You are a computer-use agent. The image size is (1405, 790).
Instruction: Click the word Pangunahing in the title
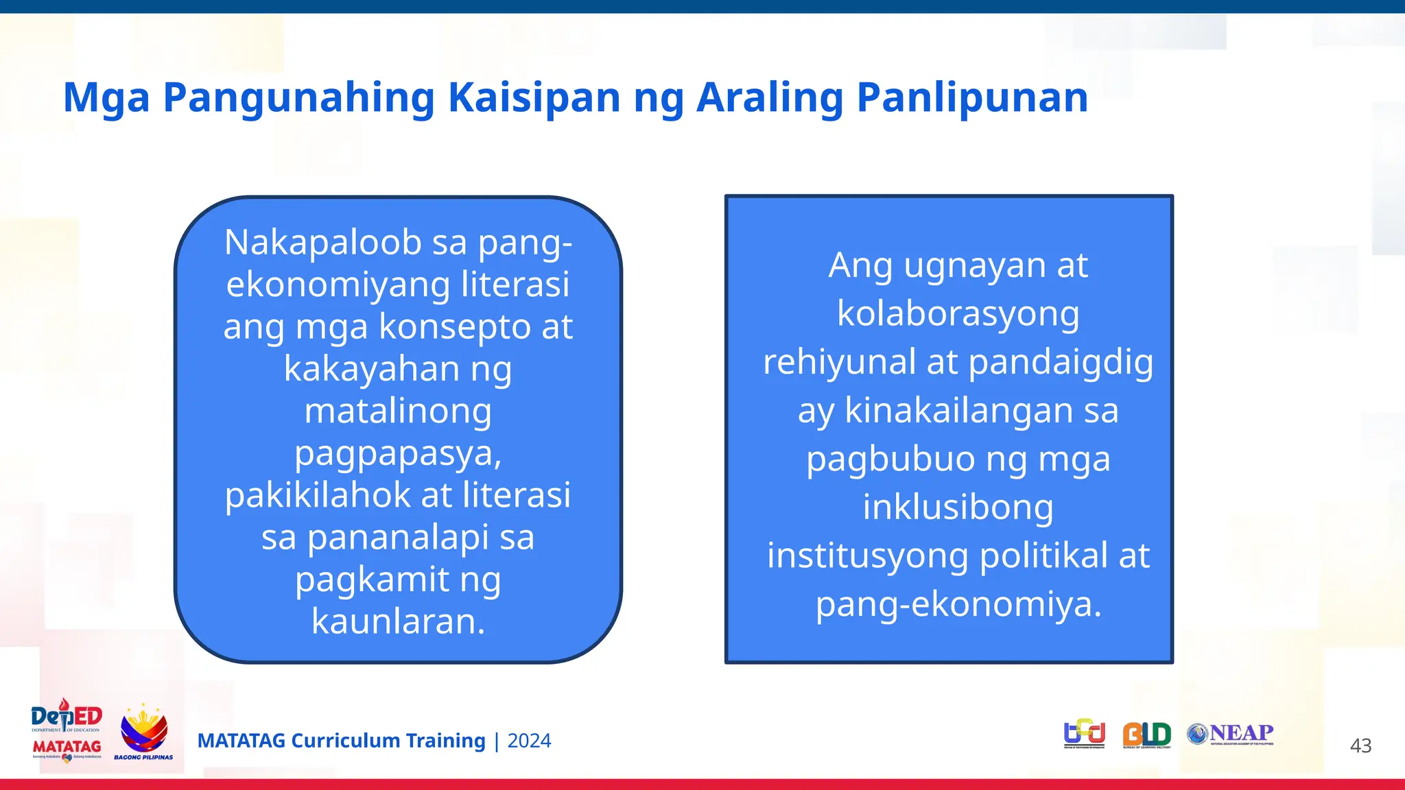coord(298,98)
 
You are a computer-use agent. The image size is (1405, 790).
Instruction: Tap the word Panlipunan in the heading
coord(972,98)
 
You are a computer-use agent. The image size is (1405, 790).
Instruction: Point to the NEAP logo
coord(1231,734)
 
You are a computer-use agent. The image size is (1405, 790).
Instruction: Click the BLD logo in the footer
coord(1146,734)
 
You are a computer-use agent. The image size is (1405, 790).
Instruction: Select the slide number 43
coord(1360,745)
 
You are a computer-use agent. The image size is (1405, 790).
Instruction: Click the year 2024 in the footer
coord(529,741)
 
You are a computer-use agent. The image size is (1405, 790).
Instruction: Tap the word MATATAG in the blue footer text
coord(241,741)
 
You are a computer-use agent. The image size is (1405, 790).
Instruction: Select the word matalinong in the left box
coord(398,411)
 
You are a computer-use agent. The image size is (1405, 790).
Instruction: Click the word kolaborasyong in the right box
coord(958,313)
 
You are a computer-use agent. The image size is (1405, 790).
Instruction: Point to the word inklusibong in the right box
coord(958,507)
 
